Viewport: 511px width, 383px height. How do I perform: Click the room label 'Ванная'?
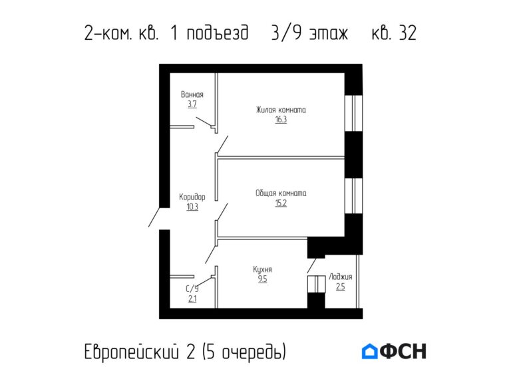(192, 94)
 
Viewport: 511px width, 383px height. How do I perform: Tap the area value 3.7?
(192, 104)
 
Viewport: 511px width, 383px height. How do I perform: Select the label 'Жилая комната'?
(281, 110)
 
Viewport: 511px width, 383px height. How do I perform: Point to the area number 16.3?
(281, 120)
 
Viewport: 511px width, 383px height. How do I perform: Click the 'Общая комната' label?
(281, 193)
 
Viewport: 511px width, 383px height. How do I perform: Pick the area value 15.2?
(281, 203)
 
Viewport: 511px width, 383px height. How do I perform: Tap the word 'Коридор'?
(192, 197)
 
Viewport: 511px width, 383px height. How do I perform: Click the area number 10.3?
(192, 207)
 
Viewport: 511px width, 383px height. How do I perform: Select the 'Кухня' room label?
(262, 269)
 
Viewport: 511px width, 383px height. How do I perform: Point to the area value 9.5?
(262, 279)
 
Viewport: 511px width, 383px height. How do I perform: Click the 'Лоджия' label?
(341, 277)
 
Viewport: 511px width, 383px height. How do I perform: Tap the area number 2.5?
(341, 287)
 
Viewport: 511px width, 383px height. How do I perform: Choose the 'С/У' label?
(192, 289)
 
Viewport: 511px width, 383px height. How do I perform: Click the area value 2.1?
(192, 299)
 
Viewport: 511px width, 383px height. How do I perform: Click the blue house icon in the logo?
(370, 351)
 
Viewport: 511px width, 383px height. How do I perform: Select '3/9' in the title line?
(285, 34)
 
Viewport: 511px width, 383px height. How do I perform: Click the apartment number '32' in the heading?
(407, 34)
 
